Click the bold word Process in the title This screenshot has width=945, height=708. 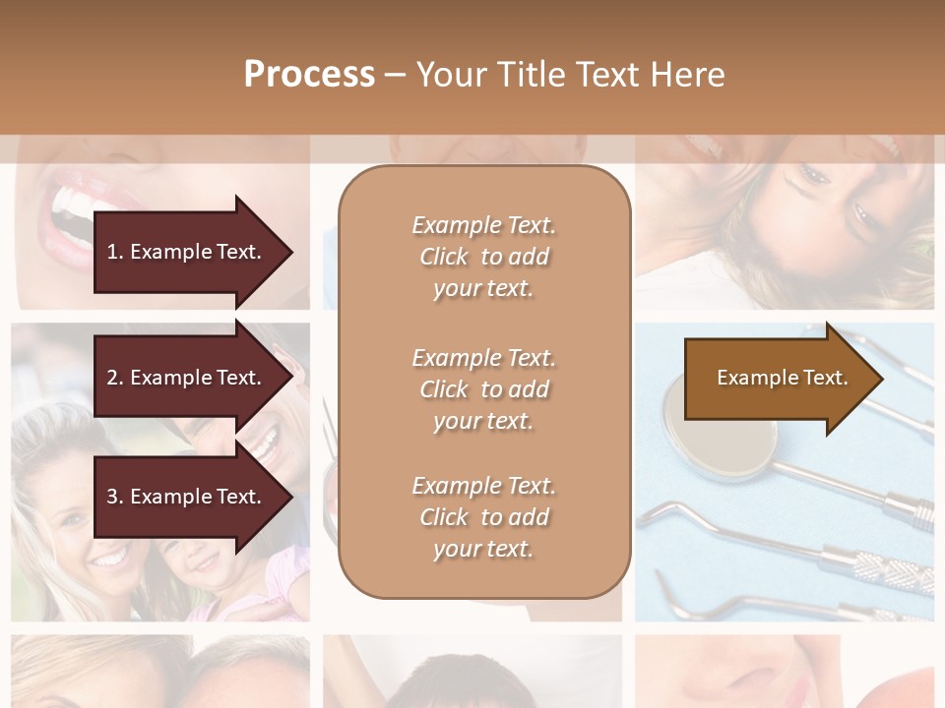click(x=309, y=75)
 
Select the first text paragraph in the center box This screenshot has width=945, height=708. click(x=483, y=257)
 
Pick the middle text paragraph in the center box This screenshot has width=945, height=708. click(x=483, y=389)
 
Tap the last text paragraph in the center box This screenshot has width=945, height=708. click(x=483, y=517)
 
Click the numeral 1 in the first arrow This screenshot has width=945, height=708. click(x=112, y=252)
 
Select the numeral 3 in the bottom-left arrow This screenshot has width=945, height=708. click(x=112, y=497)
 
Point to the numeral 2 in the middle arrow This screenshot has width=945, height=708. click(x=112, y=378)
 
